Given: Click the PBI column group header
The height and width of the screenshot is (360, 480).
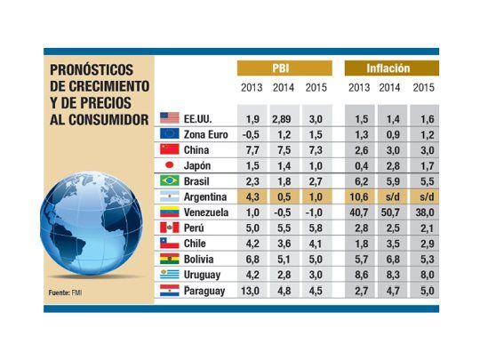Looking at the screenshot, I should pos(284,68).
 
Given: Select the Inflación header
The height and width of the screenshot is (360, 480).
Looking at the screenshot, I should pos(389,68).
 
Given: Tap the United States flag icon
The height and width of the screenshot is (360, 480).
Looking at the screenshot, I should pos(170,117).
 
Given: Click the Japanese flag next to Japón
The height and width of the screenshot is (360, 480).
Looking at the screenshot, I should pos(170,164).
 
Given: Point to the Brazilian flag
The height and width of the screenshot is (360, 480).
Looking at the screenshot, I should pos(170,180).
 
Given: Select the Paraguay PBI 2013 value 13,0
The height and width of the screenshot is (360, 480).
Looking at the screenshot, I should pos(251,292).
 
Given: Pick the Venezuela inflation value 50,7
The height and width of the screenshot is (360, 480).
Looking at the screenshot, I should pos(390,212).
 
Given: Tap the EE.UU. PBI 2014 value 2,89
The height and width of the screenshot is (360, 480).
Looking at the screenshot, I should pos(284,117).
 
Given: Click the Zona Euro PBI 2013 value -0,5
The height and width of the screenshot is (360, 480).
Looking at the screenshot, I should pos(251,133).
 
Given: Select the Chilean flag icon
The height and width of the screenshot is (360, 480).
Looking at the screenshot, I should pos(170,244).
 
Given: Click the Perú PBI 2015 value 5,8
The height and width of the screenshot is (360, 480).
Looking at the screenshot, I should pos(316,228).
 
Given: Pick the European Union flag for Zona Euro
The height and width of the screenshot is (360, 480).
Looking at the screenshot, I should pos(170,133).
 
